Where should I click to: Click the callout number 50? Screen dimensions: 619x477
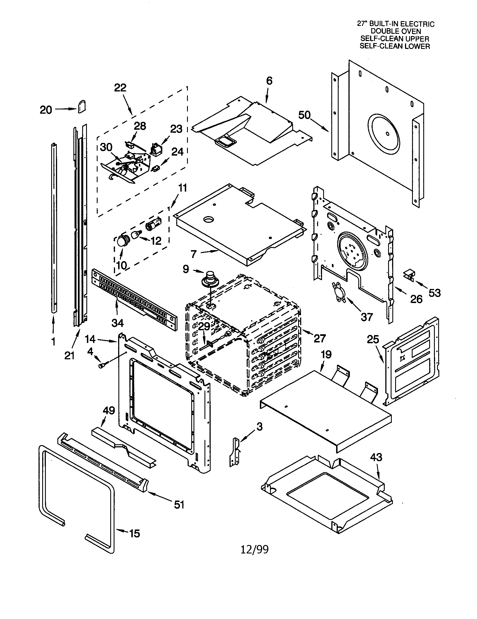[x=304, y=115]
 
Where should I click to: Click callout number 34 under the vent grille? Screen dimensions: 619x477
[x=117, y=322]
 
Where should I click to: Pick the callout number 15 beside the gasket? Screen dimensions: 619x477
[x=134, y=534]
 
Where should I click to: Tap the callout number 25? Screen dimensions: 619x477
[x=373, y=339]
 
